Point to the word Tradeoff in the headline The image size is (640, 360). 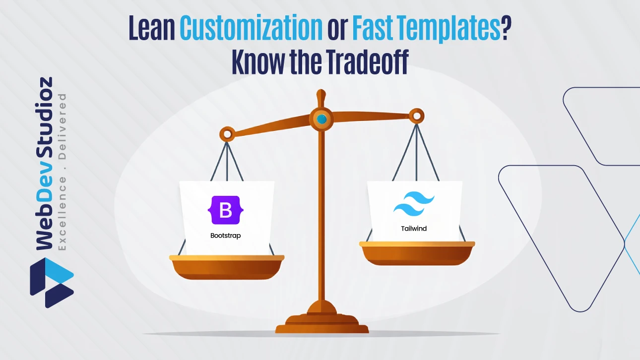(x=368, y=63)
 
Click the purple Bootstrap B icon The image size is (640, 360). (x=225, y=210)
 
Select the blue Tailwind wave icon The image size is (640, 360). (x=414, y=205)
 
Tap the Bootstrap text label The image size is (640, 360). (x=225, y=236)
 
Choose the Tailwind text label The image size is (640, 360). (x=414, y=229)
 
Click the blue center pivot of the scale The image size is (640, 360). (x=322, y=119)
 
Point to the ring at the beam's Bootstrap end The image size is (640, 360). (x=227, y=133)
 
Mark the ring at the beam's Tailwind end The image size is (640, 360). (x=417, y=117)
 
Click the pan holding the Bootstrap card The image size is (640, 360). (x=227, y=268)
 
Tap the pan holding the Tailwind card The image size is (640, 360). (x=417, y=253)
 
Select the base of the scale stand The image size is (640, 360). (x=322, y=325)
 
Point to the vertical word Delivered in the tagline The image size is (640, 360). (x=63, y=126)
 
